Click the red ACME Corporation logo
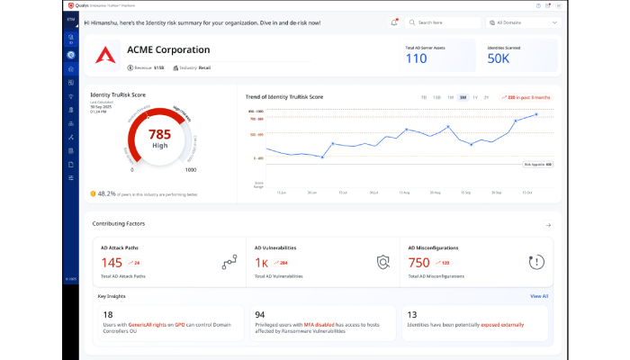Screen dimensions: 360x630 click(106, 57)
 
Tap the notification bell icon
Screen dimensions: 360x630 click(394, 22)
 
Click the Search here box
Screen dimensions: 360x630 click(441, 22)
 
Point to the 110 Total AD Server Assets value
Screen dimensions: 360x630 click(416, 58)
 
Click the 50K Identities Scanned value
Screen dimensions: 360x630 click(499, 58)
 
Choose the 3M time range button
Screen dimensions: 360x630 click(463, 96)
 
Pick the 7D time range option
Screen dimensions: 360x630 click(424, 96)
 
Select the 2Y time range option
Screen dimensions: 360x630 click(487, 96)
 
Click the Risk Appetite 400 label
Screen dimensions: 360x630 click(537, 165)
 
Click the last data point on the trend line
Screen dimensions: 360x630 click(537, 114)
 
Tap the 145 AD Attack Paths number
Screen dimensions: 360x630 click(112, 263)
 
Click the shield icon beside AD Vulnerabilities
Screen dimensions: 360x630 click(383, 263)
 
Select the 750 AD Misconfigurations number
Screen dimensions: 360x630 click(418, 263)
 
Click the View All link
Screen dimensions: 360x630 click(538, 295)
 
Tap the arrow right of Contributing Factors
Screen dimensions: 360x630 click(548, 224)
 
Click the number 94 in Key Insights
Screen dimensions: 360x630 click(260, 313)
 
